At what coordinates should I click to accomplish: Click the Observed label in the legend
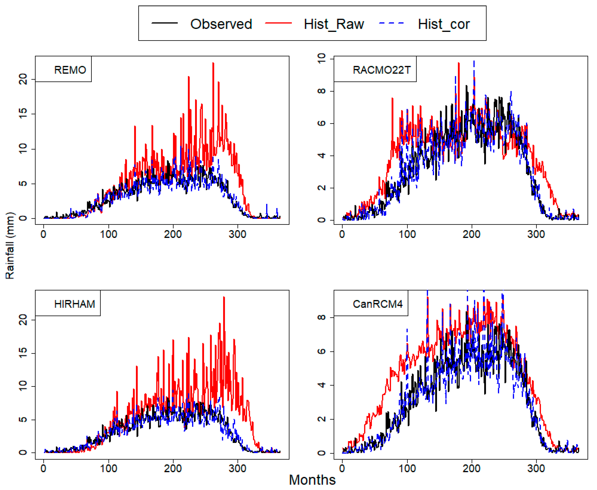point(221,24)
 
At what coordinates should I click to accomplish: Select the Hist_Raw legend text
point(334,24)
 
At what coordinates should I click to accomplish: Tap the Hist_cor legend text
point(444,24)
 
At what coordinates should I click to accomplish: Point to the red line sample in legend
point(278,23)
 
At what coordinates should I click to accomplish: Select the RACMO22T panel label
point(382,70)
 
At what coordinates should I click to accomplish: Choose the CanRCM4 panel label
point(378,304)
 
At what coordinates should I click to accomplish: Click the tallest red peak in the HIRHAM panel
point(224,297)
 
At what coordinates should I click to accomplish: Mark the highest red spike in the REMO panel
point(213,63)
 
